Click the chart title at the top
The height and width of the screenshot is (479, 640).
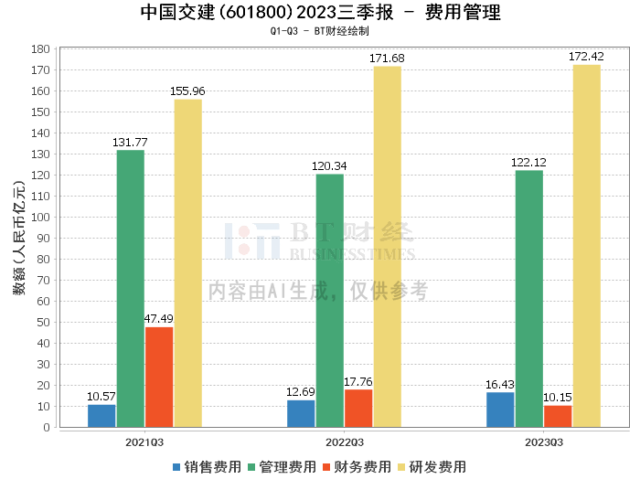(320, 13)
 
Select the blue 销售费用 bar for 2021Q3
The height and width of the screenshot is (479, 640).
(101, 415)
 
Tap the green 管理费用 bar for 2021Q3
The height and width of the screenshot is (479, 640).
(130, 288)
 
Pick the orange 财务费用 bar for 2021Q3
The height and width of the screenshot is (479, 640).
(159, 377)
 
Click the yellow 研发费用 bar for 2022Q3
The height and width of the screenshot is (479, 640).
(387, 246)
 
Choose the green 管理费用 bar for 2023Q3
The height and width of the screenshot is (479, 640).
(528, 298)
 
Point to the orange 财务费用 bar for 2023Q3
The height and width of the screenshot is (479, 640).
(558, 416)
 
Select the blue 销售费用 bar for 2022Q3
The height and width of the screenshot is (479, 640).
(301, 413)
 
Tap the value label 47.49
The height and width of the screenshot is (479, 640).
(158, 319)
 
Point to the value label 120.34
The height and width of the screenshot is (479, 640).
(330, 166)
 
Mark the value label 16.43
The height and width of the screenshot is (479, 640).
(500, 384)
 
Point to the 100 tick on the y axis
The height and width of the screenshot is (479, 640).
(40, 218)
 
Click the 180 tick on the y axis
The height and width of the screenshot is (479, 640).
(40, 49)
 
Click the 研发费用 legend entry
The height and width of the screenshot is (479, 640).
(432, 466)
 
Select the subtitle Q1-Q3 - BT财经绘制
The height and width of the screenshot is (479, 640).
(320, 30)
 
